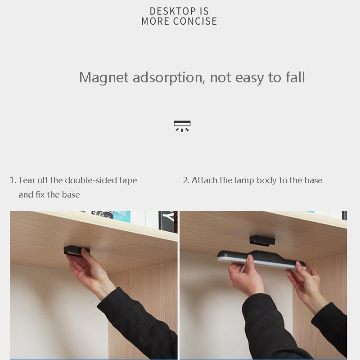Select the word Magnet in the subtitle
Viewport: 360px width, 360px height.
coord(104,77)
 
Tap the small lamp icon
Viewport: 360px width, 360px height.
coord(182,126)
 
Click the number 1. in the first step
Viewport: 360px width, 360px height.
coord(13,180)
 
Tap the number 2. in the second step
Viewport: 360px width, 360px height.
coord(186,180)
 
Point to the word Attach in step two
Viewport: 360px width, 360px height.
coord(205,180)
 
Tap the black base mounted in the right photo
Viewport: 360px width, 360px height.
coord(262,241)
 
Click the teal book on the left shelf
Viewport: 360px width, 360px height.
coord(121,216)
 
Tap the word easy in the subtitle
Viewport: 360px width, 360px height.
coord(250,78)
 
